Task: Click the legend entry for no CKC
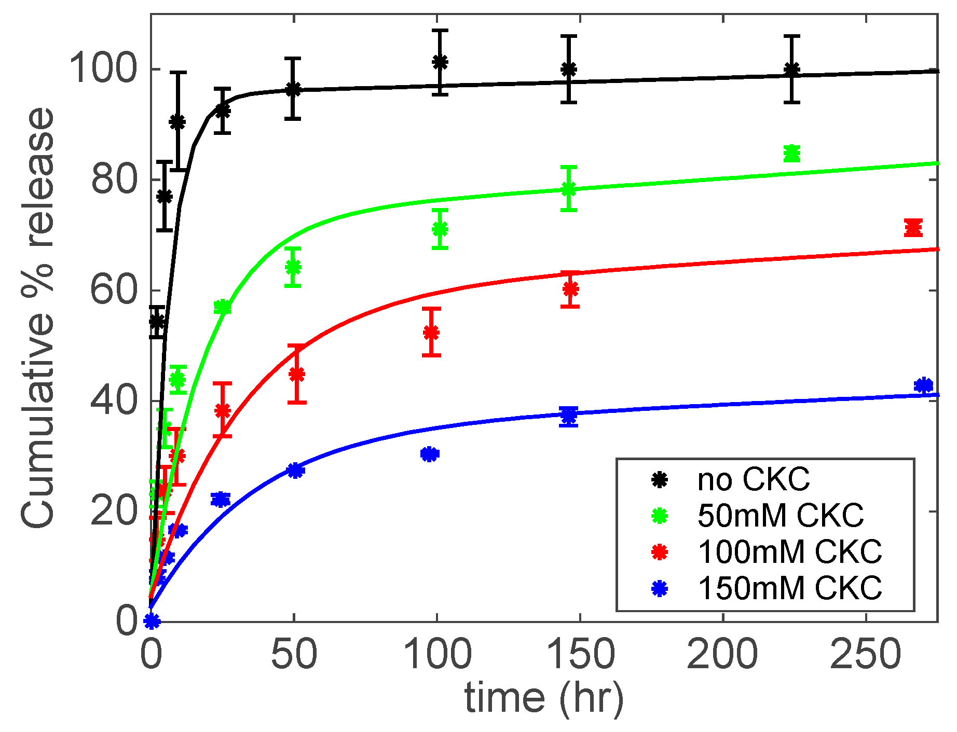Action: [753, 479]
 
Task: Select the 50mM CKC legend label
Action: [781, 516]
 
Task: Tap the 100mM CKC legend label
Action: [789, 551]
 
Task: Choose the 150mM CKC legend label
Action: [789, 588]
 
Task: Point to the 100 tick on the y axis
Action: [103, 68]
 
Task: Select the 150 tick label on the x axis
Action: [580, 655]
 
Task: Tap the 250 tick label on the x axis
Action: [866, 655]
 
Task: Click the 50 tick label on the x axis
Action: [294, 655]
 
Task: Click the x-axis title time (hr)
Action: [543, 698]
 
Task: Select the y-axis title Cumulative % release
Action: [37, 317]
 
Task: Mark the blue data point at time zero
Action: [152, 620]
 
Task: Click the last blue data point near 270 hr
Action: [923, 385]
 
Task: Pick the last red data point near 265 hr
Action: [913, 227]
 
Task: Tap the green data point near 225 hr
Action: [791, 154]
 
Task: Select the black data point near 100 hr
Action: [440, 62]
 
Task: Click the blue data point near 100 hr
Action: [429, 454]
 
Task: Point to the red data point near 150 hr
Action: [570, 289]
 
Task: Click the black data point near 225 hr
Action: [791, 69]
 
